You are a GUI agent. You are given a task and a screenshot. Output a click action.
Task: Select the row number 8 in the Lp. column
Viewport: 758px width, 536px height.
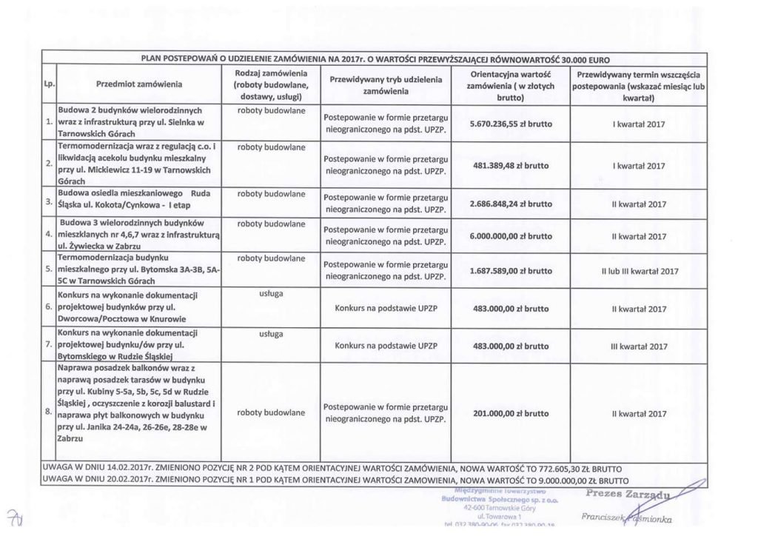(47, 410)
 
